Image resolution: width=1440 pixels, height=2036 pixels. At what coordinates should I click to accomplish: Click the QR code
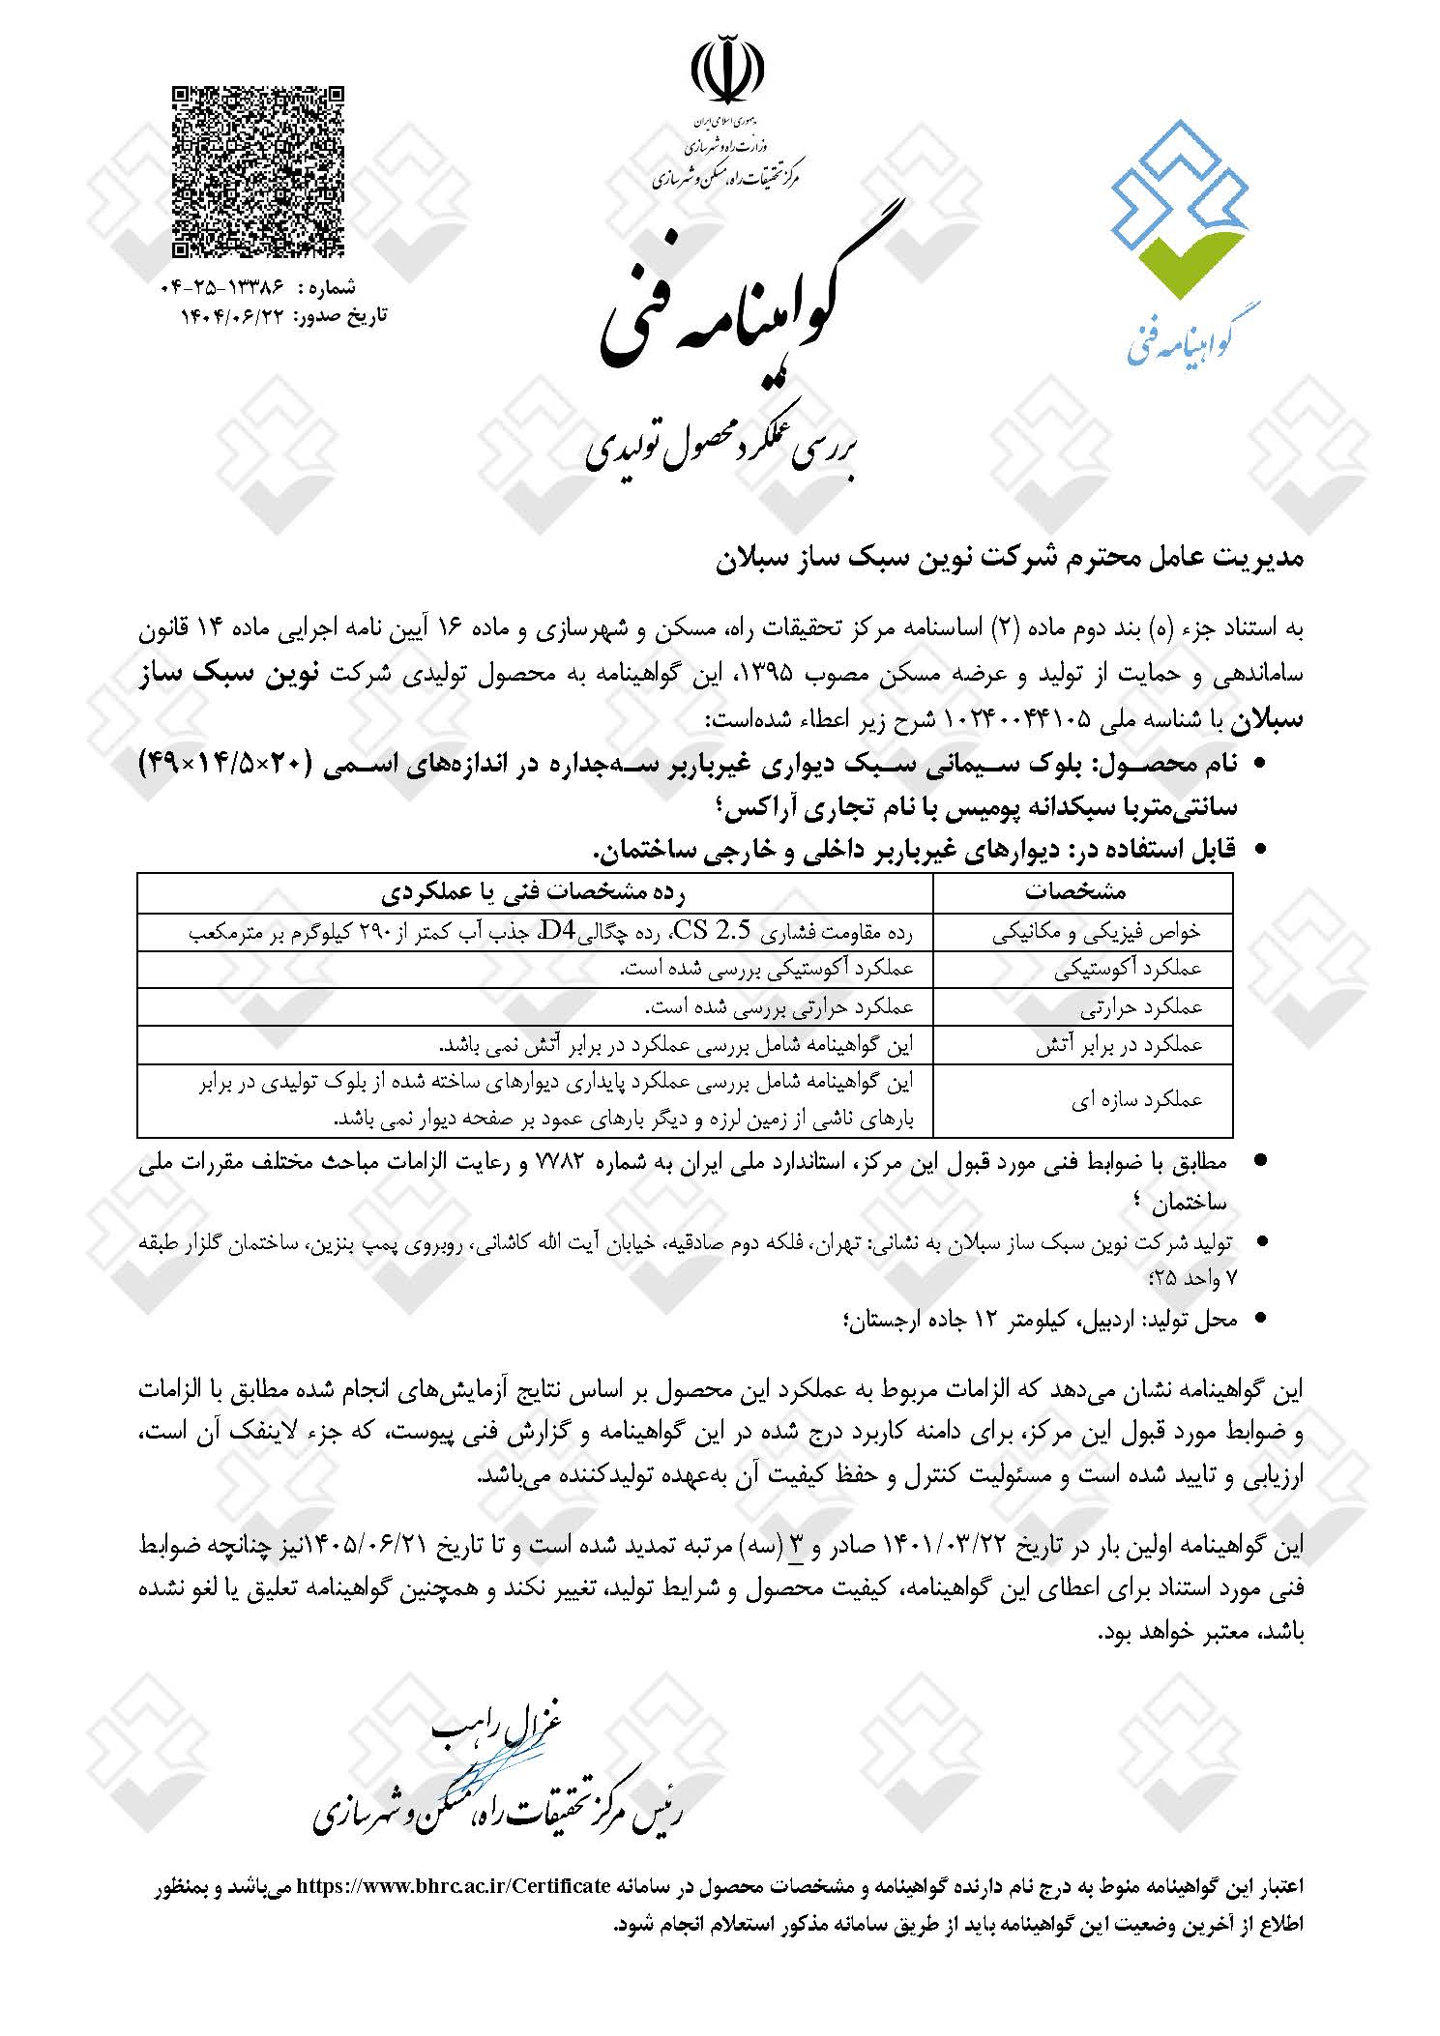click(259, 172)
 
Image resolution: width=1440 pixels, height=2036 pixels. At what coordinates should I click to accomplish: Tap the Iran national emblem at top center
click(727, 73)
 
